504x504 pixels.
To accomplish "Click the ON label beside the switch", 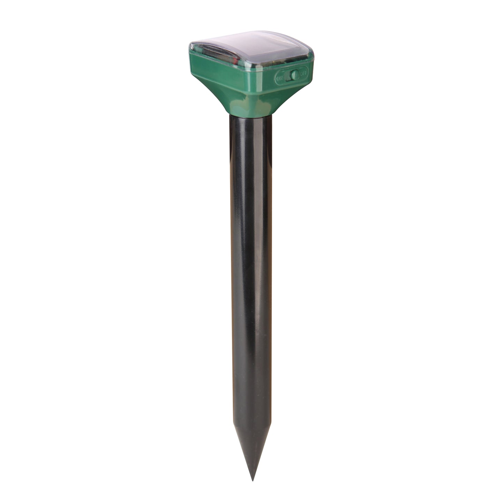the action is [280, 78].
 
